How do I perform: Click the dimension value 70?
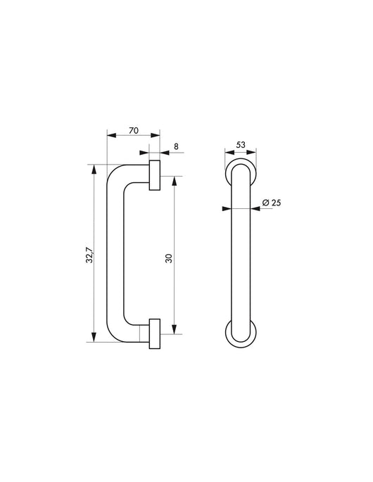(133, 129)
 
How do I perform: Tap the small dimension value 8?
(176, 147)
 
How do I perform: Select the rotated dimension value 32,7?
(89, 254)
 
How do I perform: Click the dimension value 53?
(241, 145)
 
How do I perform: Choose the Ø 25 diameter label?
(271, 203)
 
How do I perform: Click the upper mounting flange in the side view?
(155, 175)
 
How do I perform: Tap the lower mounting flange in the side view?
(155, 334)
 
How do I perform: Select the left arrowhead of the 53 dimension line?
(227, 151)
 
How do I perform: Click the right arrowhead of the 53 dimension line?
(254, 151)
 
